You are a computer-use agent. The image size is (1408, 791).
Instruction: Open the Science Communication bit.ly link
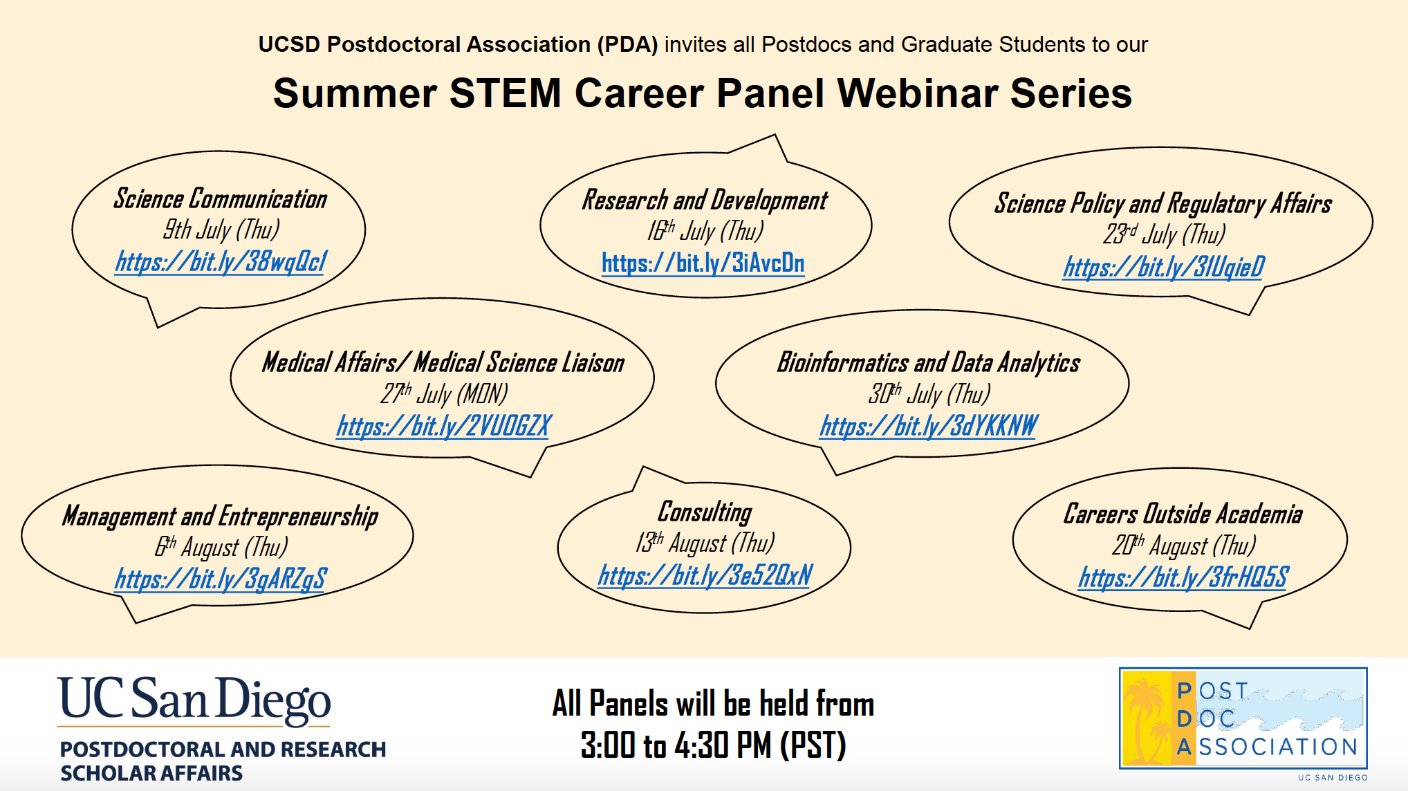coord(221,262)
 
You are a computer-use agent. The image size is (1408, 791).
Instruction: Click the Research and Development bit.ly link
coord(703,263)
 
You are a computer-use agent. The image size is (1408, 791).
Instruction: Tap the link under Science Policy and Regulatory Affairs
coord(1165,267)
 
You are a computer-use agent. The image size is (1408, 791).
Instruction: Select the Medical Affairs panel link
coord(444,426)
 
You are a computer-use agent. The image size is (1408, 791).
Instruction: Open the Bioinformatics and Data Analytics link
coord(929,426)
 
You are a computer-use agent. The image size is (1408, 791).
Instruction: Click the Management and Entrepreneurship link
coord(221,579)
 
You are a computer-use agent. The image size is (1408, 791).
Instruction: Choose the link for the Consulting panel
coord(705,575)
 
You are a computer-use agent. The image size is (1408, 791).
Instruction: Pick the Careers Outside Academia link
coord(1184,577)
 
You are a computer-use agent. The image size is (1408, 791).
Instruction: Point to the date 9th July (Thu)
coord(221,230)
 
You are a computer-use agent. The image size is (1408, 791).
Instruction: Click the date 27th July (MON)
coord(444,393)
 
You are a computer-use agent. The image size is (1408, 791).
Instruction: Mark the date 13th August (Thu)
coord(705,543)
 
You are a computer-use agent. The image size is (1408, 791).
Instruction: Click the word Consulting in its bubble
coord(705,512)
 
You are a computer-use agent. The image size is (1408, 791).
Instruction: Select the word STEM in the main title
coord(506,93)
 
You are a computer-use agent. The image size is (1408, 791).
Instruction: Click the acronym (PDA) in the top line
coord(627,44)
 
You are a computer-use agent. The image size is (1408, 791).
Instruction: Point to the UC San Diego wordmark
coord(194,700)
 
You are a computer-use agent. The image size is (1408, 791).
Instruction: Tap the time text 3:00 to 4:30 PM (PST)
coord(713,745)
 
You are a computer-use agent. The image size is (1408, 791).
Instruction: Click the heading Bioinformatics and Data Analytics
coord(929,363)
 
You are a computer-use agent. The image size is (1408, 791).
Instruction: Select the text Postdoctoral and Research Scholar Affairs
coord(223,761)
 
